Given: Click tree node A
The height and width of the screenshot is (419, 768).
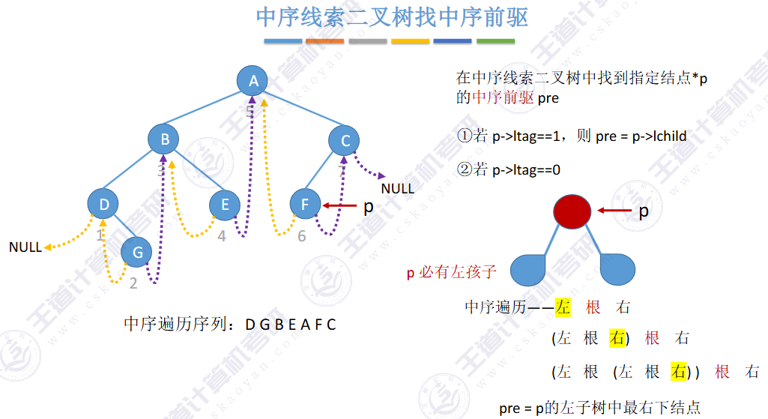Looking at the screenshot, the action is (253, 80).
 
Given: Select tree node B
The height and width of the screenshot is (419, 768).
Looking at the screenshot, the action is (164, 139).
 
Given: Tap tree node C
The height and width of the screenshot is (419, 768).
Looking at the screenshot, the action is (345, 140).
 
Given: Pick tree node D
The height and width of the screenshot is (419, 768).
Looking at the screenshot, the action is (104, 204).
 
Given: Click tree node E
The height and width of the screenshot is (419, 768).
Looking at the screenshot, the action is (224, 204).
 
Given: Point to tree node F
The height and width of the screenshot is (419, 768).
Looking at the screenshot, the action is (305, 204).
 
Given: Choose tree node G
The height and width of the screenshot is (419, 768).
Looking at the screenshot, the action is (137, 253).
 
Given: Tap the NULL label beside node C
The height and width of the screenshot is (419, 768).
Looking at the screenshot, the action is (397, 188).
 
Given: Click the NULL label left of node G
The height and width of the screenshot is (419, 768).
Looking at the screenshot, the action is (25, 247).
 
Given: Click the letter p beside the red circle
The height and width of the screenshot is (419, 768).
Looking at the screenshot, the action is (644, 211).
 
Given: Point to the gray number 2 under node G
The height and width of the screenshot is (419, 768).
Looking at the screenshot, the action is (133, 283).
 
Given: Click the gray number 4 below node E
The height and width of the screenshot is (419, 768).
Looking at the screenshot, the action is (222, 237).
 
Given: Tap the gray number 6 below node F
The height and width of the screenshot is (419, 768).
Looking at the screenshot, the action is (302, 237).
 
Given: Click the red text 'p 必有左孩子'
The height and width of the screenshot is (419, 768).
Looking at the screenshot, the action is (451, 272).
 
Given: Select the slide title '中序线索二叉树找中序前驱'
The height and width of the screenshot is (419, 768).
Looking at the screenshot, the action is (392, 17).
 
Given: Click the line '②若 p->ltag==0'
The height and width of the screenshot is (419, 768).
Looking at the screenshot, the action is (509, 170).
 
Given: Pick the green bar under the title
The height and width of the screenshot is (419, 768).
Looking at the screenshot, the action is (496, 40).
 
